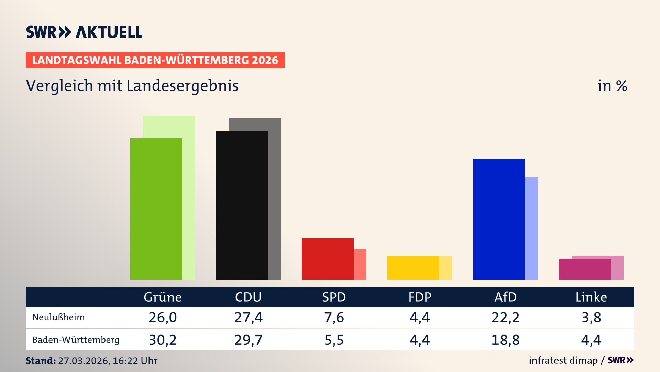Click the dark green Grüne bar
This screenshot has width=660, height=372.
pos(156,209)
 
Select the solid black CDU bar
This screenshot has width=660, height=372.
pos(242,205)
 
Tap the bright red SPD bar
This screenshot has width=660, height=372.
pos(327,259)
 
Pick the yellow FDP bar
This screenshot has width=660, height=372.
pos(413,268)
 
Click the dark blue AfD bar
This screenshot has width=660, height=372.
pos(499,219)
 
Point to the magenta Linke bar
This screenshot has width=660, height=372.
pos(584,269)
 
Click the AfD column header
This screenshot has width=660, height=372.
pos(505,297)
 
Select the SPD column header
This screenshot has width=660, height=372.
pos(334,297)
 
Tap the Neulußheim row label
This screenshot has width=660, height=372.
pos(58,317)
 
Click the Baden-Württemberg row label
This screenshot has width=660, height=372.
pos(76,340)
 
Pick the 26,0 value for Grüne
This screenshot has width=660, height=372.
pos(163,317)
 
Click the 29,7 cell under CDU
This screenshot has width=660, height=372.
pos(248,340)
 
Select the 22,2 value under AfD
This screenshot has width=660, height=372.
pos(505,317)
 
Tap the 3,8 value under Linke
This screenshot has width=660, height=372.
pos(591,317)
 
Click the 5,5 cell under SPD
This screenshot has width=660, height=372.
pos(334,340)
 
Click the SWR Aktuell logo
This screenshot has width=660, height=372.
pos(84,32)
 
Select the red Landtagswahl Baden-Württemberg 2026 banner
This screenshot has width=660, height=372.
pos(155,60)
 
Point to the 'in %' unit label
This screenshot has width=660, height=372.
pos(612,86)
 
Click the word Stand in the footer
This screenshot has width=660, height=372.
pos(41,361)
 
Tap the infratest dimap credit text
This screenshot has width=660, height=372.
pos(563,360)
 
